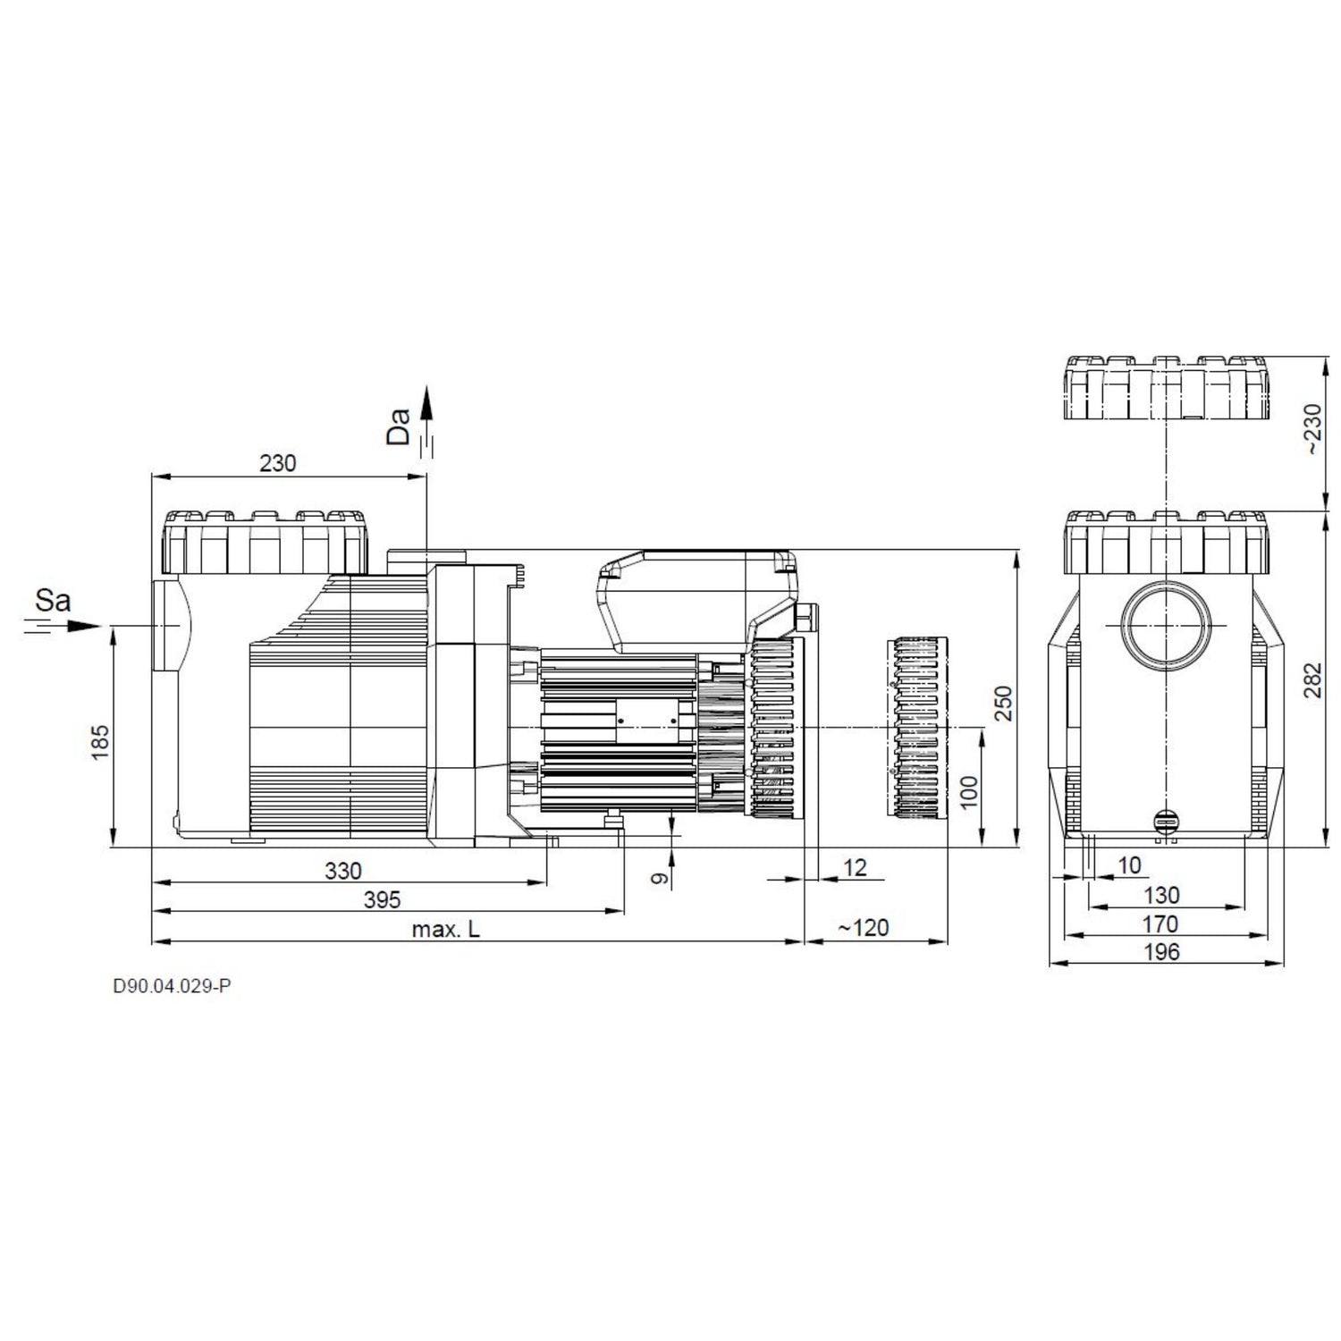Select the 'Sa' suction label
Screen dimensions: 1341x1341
point(53,600)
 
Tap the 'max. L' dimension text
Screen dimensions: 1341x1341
point(446,929)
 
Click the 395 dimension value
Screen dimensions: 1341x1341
point(383,899)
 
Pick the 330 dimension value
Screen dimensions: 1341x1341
point(343,871)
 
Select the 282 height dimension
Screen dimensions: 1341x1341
point(1311,680)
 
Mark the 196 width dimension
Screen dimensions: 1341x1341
point(1162,952)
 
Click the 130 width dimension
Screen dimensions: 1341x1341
point(1162,895)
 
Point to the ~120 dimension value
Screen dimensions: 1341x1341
point(864,928)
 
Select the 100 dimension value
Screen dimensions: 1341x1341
point(970,792)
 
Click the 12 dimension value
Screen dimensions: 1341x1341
point(856,867)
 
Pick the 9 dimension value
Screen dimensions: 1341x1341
point(660,879)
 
